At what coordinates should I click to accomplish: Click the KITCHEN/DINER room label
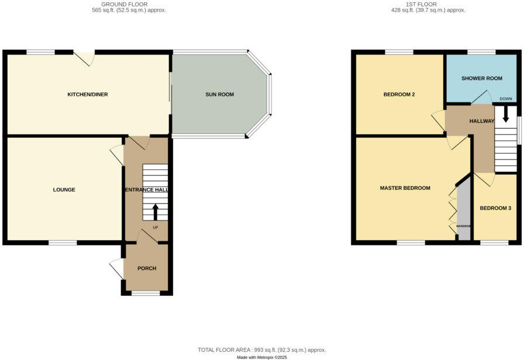click(88, 95)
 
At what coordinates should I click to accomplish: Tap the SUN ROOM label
click(219, 95)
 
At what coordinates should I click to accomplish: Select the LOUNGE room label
click(64, 190)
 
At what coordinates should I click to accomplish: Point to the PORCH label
click(147, 269)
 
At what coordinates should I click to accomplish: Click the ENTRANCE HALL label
click(146, 190)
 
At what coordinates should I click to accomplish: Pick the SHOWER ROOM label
click(482, 78)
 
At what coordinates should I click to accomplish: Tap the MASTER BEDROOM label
click(405, 188)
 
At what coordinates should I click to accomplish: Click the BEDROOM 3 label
click(495, 209)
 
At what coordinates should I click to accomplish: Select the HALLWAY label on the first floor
click(482, 121)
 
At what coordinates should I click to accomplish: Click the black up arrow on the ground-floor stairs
click(155, 212)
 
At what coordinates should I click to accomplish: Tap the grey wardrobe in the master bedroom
click(464, 210)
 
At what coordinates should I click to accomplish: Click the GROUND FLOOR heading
click(124, 4)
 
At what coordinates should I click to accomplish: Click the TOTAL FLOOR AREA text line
click(262, 349)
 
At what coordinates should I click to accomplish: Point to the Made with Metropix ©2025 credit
click(262, 357)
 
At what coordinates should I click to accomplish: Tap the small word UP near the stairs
click(155, 227)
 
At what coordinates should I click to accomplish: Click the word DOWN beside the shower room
click(506, 99)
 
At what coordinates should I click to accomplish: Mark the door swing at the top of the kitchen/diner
click(85, 58)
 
